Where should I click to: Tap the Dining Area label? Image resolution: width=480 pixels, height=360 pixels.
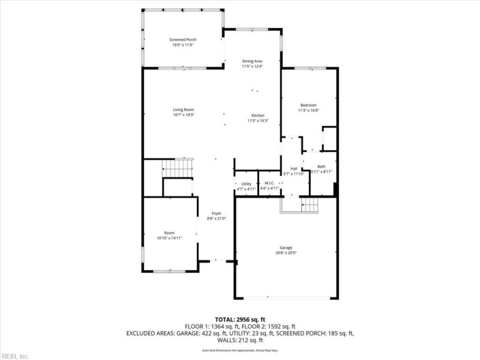point(252,61)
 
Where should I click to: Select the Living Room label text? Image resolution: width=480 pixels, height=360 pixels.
point(184,110)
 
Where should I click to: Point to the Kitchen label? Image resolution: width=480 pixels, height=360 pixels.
point(258,115)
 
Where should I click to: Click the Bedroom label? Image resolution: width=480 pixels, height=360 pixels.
point(308,106)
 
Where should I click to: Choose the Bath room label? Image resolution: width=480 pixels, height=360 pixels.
point(322,167)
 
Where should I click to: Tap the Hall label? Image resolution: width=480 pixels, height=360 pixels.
point(294,169)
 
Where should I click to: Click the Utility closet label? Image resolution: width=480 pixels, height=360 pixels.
point(246,184)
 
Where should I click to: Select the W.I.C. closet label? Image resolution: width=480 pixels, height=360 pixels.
point(270,184)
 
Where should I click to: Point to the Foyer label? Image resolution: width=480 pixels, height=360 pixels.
point(216,213)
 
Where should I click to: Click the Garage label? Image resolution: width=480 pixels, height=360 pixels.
point(286,247)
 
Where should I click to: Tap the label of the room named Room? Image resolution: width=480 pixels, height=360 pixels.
point(169,233)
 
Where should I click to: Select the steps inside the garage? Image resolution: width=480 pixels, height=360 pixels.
point(308,205)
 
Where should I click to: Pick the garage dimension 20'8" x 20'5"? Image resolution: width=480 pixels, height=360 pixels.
point(286,253)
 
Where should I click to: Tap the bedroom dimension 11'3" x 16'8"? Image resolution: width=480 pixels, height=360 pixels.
point(308,110)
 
